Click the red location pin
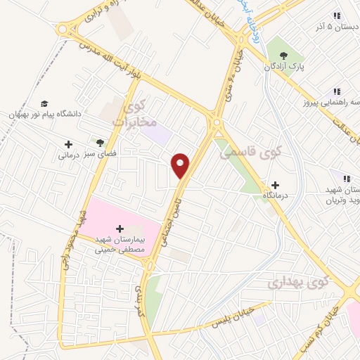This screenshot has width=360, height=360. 181,165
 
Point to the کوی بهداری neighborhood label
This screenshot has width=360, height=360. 298,283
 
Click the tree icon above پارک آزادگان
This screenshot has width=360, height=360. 283,56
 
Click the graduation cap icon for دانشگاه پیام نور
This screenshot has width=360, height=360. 44,103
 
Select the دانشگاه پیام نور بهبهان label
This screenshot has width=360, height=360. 45,113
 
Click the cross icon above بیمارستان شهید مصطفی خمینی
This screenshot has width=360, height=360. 119,229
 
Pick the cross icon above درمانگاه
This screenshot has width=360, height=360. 274,184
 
